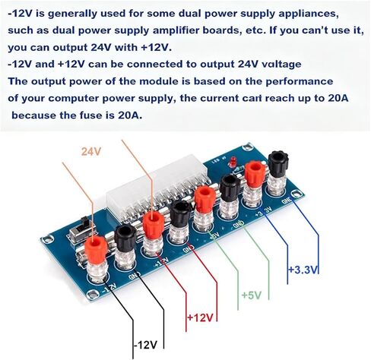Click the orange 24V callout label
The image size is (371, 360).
[x=91, y=152]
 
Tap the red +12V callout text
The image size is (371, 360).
[x=200, y=317]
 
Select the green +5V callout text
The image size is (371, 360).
[x=252, y=295]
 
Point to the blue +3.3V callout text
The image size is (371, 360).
[x=303, y=270]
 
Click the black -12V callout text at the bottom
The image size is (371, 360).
[x=146, y=345]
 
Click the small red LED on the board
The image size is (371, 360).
[x=231, y=162]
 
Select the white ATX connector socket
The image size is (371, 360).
[x=157, y=188]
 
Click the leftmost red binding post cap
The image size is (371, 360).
[x=96, y=249]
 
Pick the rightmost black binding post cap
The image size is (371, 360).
[x=278, y=162]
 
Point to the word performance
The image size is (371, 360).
[x=299, y=81]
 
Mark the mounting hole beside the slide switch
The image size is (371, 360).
[x=47, y=238]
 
